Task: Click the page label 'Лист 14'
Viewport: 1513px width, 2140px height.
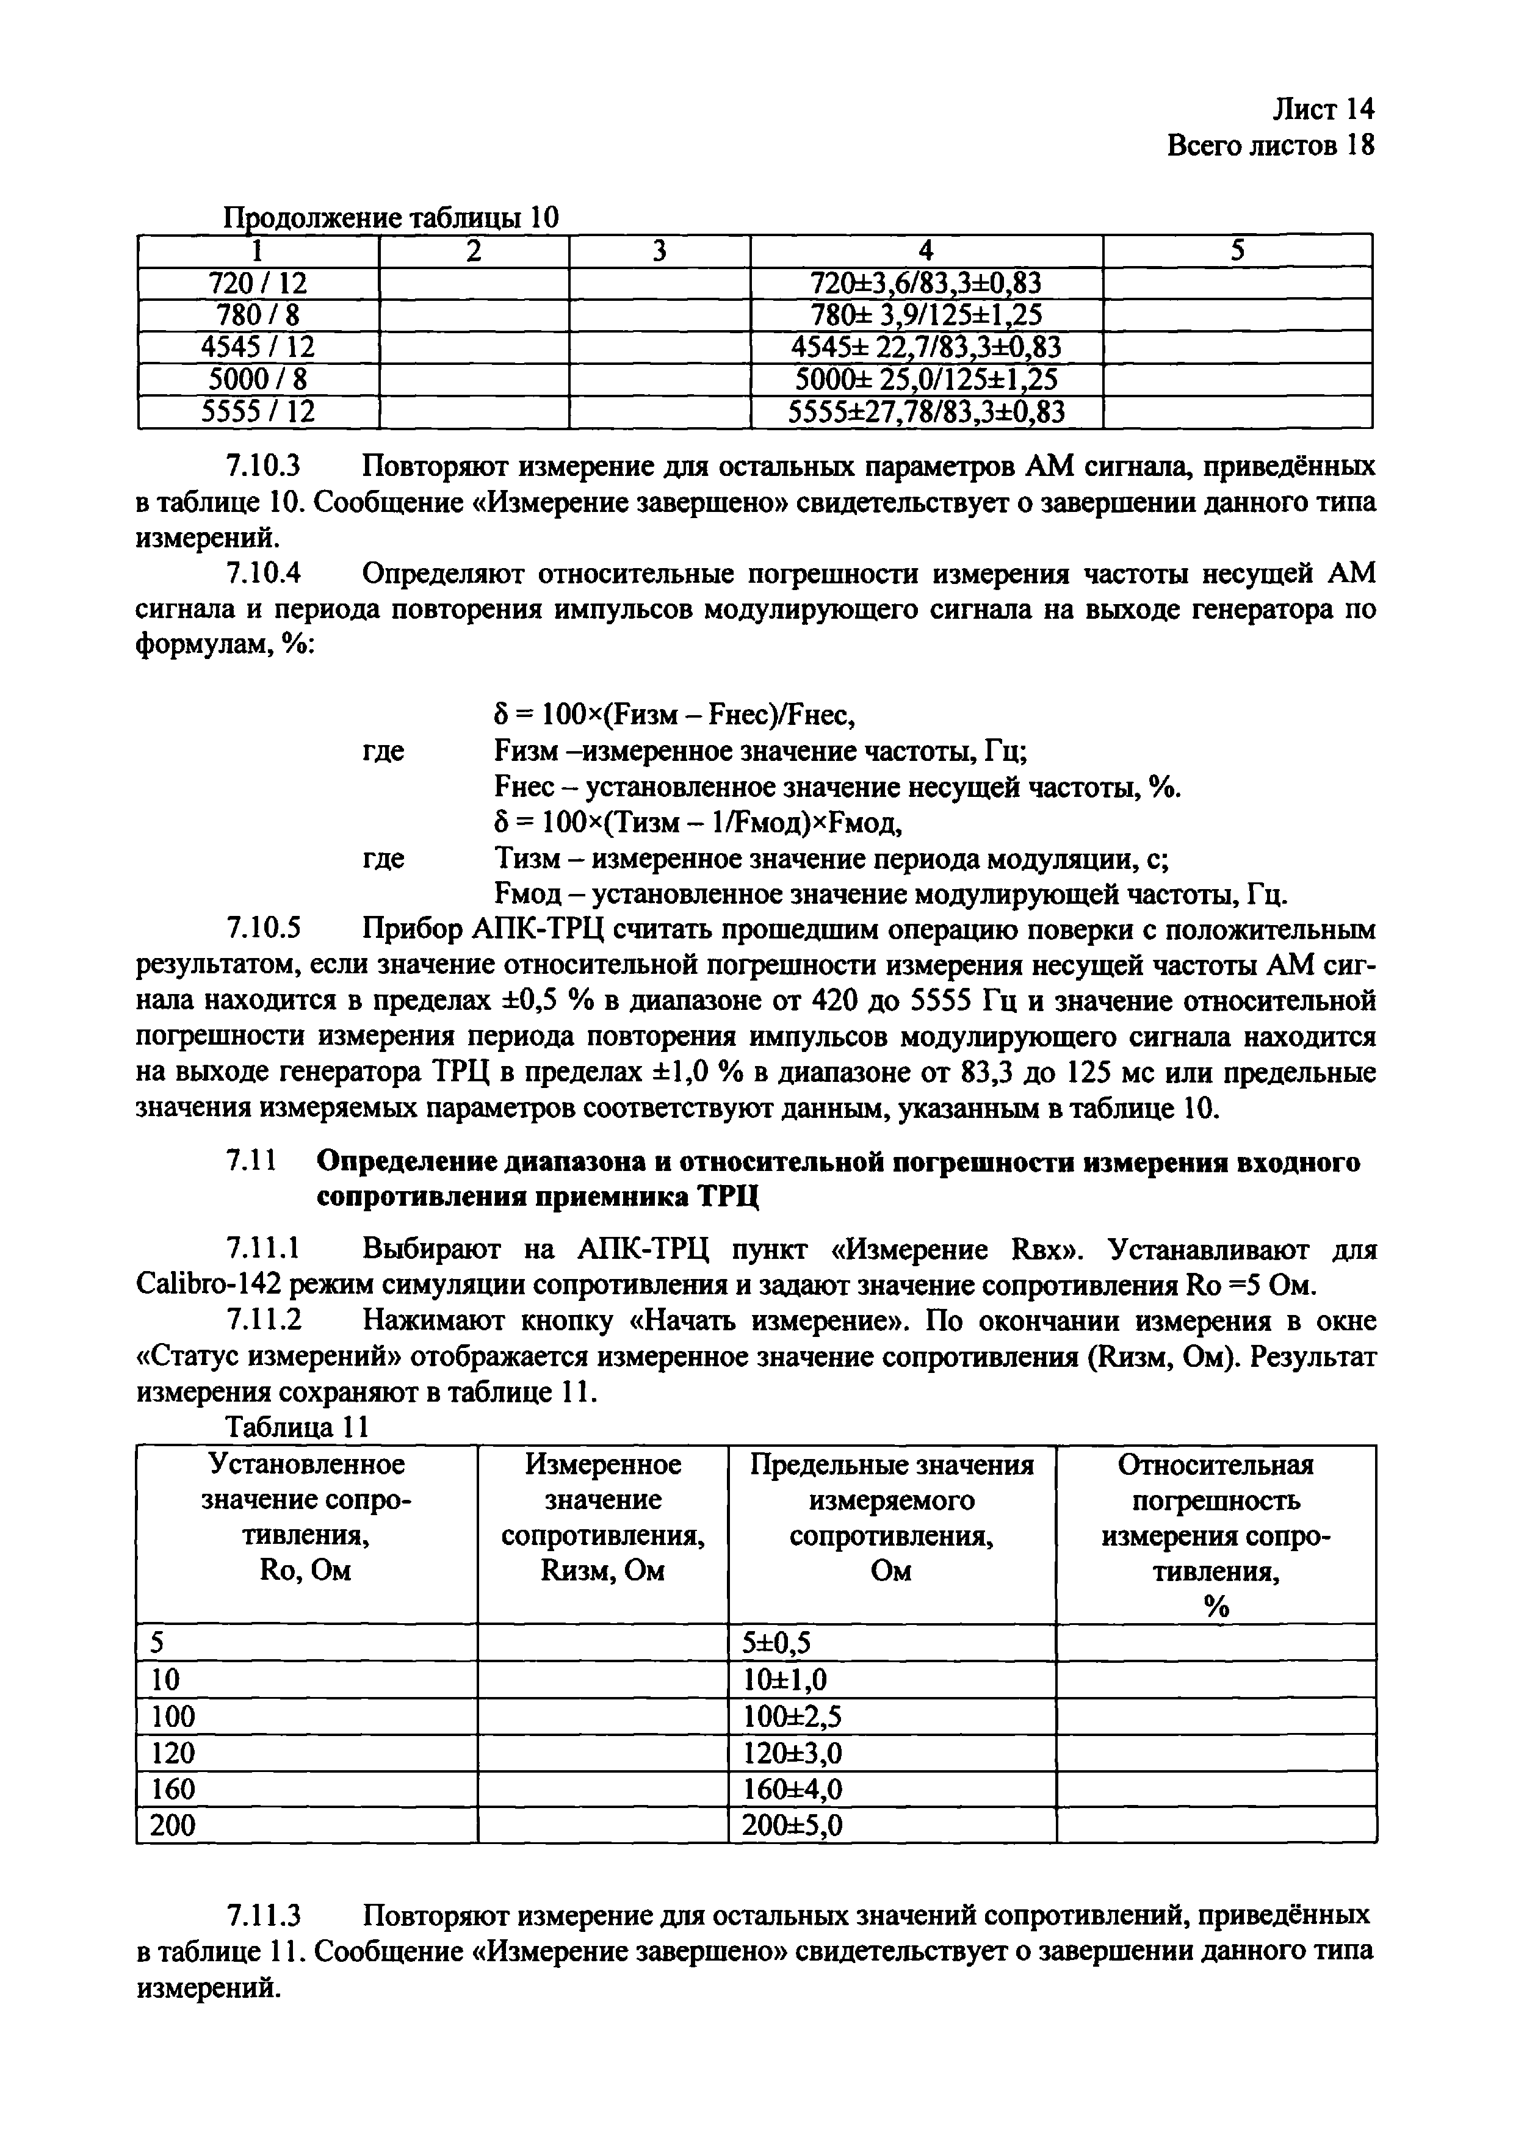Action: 1323,110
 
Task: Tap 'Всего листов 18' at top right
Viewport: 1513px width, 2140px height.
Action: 1269,146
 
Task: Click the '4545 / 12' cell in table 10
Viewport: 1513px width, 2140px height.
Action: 258,348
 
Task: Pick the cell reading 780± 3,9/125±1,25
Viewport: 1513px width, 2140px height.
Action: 926,315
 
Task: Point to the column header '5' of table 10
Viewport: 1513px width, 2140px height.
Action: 1237,250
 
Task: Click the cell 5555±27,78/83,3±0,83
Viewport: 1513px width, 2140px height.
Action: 926,412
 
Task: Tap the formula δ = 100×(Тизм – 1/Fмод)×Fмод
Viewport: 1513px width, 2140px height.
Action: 698,823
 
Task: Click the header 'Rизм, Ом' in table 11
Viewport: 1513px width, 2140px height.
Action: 602,1571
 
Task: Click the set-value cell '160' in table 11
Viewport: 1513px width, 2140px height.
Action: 173,1789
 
